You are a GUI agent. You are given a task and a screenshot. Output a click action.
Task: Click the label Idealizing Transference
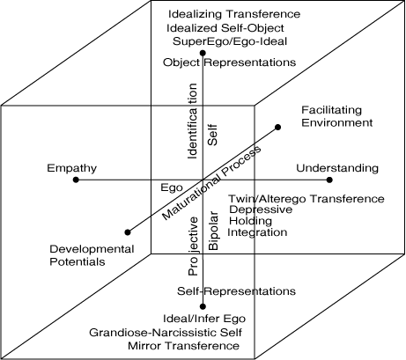click(234, 14)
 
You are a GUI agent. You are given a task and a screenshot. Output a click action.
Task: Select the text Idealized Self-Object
click(225, 28)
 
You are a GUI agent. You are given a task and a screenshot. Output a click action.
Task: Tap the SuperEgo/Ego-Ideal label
click(230, 41)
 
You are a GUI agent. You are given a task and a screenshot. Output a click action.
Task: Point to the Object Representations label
click(229, 62)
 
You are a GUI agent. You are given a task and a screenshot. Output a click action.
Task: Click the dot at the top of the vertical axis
click(203, 53)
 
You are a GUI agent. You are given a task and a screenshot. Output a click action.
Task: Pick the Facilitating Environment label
click(337, 116)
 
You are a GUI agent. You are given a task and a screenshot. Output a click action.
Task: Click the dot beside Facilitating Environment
click(277, 127)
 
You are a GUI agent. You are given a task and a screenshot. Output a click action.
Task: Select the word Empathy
click(71, 168)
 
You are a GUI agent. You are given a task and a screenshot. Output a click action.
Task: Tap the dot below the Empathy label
click(76, 180)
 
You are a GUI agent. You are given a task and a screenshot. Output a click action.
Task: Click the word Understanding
click(337, 168)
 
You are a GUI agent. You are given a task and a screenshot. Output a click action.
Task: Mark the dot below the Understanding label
click(329, 180)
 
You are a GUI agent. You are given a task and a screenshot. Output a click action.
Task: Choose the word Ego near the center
click(172, 187)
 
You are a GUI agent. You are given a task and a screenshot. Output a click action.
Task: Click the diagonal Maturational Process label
click(211, 182)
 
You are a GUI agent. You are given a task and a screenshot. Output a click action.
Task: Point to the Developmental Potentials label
click(92, 255)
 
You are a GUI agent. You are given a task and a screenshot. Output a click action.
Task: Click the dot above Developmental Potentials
click(128, 232)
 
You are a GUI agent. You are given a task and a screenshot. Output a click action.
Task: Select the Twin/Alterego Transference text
click(306, 199)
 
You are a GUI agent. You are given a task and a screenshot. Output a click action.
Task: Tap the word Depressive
click(261, 209)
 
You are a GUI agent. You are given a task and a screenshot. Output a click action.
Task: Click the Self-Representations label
click(236, 291)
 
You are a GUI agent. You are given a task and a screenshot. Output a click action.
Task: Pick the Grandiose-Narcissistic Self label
click(166, 333)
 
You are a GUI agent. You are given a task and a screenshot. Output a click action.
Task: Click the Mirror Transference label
click(183, 346)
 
